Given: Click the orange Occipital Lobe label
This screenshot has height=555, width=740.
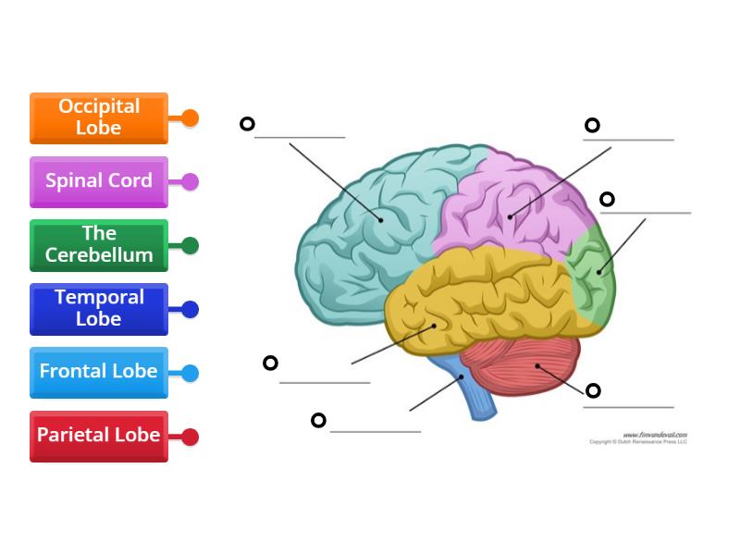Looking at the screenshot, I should coord(98,117).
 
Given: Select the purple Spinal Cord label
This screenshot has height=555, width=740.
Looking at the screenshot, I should coord(98,181).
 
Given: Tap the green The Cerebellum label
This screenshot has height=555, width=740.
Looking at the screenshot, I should coord(98,245).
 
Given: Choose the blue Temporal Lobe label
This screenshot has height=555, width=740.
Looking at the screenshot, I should coord(98,309).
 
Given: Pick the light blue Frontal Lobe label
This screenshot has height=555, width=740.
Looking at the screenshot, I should coord(98,372).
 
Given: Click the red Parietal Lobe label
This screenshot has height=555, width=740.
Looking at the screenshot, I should coord(98,436).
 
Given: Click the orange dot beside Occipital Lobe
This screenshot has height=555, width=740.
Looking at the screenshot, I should coord(190,117).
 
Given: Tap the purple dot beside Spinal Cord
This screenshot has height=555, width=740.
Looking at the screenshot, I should coord(190,181).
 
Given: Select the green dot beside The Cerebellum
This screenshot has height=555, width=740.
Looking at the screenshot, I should coord(190,245).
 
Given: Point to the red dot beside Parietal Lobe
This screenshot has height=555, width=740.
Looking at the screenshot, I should coord(190,437).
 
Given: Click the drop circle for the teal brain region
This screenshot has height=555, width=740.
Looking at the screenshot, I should coord(247,123).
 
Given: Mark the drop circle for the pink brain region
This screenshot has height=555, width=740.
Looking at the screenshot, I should coord(592,125).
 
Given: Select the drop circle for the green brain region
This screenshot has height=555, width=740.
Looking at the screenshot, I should coord(607,199).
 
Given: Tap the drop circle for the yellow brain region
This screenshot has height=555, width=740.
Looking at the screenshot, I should coord(270,363).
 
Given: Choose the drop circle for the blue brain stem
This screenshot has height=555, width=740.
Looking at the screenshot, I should coord(318,420).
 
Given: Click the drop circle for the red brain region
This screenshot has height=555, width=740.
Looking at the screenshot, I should coord(593,390).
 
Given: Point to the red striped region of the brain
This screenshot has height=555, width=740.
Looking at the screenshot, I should coord(527,365).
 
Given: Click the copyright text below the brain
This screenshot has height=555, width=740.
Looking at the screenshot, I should coord(638,441).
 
